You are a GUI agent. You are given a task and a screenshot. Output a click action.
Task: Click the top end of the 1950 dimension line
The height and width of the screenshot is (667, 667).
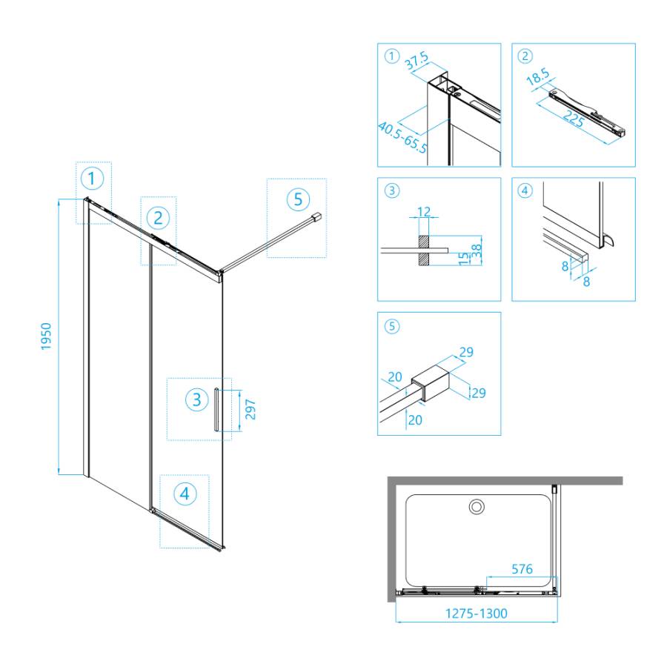tap(59, 199)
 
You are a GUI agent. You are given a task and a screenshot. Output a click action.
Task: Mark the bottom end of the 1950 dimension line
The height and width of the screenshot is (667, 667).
tap(59, 474)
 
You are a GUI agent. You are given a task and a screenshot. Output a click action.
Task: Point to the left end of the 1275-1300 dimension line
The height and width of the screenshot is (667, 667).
tap(396, 622)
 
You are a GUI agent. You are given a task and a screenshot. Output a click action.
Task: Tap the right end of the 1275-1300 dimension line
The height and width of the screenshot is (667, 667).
tap(557, 622)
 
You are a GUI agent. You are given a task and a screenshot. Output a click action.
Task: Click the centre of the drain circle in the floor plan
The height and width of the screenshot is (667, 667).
tap(477, 507)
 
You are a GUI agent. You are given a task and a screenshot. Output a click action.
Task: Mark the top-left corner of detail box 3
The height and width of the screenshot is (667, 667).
tap(378, 178)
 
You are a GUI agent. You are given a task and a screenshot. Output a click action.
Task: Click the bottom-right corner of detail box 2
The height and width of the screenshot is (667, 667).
tap(635, 167)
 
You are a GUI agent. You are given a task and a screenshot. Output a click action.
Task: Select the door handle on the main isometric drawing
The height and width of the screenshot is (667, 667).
tap(216, 409)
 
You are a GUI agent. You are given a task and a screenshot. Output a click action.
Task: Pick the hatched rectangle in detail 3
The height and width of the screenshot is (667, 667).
tap(424, 251)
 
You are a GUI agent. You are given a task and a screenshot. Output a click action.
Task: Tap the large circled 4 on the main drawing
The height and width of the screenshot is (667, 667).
tap(185, 494)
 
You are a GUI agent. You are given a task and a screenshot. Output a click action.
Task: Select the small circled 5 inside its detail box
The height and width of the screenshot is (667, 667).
tap(392, 326)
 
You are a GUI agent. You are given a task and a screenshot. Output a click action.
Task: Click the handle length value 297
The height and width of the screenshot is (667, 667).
tap(250, 409)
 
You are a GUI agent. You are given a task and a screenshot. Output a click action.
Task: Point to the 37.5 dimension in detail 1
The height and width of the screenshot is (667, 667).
tap(417, 62)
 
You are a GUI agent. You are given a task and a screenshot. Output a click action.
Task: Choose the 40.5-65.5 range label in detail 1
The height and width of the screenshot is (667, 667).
tap(402, 137)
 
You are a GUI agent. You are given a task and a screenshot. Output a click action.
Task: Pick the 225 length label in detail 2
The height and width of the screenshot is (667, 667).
tap(574, 118)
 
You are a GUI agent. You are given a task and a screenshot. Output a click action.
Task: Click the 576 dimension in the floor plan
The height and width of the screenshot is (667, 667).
tap(522, 568)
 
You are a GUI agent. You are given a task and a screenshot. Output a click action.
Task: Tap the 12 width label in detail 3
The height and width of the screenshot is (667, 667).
tap(424, 211)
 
